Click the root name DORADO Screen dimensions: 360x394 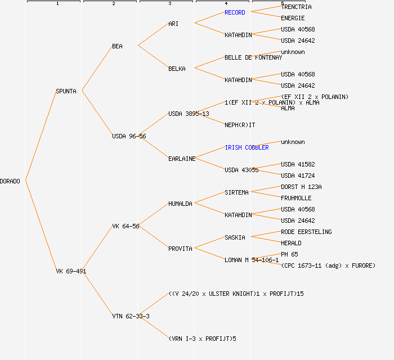[10, 181]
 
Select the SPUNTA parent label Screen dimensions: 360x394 [66, 91]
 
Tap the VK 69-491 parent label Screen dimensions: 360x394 [71, 271]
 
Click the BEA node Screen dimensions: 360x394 [117, 46]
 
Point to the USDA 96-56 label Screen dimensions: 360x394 [129, 136]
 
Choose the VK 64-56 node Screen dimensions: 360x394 [126, 226]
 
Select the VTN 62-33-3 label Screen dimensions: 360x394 [131, 316]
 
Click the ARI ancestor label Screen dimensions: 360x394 [173, 24]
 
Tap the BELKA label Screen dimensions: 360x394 [177, 69]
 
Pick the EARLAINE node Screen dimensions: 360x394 [182, 159]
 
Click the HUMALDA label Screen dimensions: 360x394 [180, 204]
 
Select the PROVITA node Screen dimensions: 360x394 [180, 249]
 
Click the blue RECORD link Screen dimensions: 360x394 [235, 12]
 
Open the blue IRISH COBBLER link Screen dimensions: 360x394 [247, 147]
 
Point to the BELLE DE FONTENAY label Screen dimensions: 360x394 [253, 57]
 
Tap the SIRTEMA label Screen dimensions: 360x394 [236, 192]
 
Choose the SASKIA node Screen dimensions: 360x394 [235, 237]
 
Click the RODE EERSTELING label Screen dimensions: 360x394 [306, 232]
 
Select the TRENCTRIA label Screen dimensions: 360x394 [296, 7]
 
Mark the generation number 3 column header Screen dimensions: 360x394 [169, 4]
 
